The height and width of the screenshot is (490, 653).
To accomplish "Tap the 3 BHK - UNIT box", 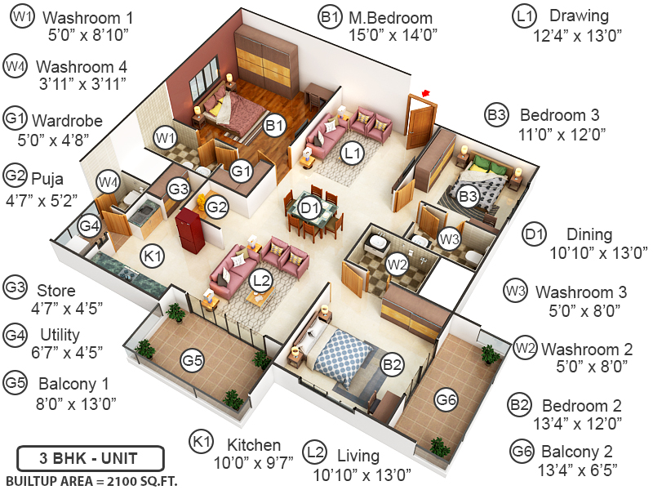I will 90,457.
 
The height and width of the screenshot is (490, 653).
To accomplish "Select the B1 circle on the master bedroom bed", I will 274,125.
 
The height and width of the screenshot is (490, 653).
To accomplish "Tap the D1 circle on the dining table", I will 309,208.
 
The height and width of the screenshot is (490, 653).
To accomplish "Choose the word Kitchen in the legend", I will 254,445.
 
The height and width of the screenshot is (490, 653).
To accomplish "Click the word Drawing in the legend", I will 579,16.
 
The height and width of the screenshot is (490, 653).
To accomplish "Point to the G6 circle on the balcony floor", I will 446,399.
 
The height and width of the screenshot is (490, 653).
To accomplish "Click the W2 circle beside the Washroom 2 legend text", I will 525,348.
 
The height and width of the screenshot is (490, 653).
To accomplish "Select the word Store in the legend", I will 56,290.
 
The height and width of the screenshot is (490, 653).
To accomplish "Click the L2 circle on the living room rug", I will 260,280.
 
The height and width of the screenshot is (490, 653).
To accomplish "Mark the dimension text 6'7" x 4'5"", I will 54,353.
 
